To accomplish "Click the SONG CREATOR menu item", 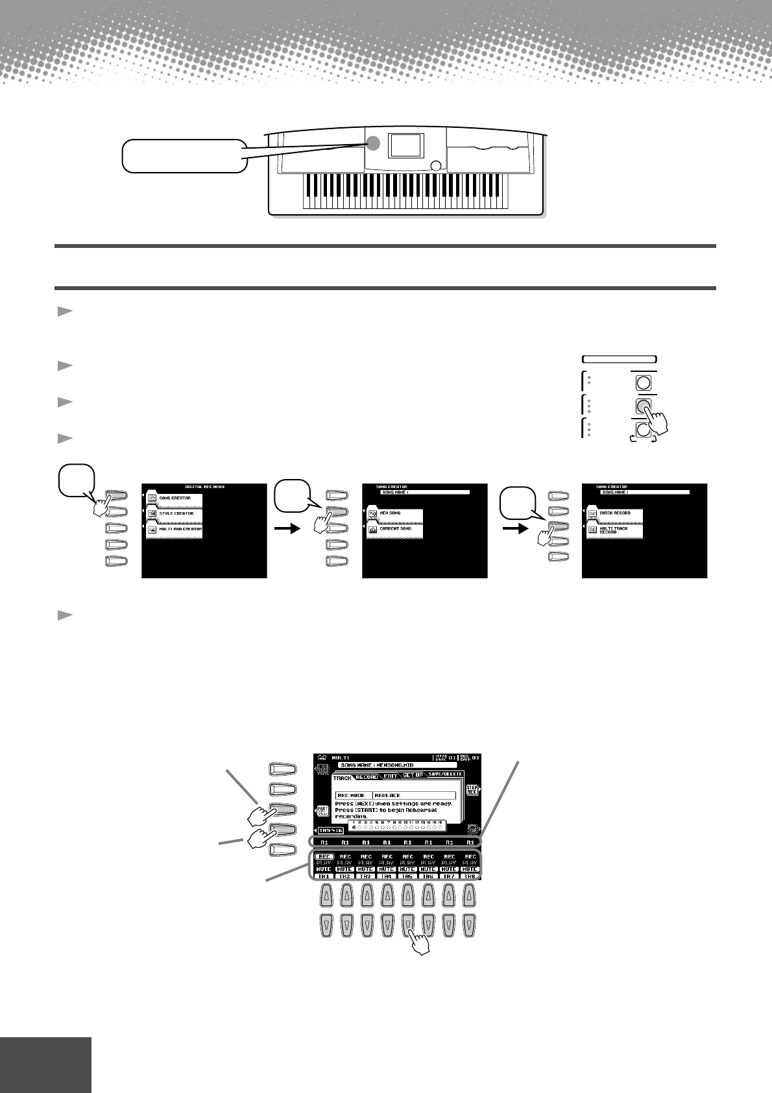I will click(x=174, y=498).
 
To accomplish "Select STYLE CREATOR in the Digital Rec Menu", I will click(x=174, y=513).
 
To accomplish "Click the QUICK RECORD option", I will click(x=615, y=513).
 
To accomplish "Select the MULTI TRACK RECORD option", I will click(x=615, y=529).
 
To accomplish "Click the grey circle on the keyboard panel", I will click(x=374, y=144).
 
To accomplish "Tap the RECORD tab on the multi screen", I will click(x=367, y=777).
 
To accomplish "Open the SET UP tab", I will click(x=413, y=775).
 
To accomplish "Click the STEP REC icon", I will click(x=472, y=789).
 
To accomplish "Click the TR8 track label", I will click(x=470, y=876).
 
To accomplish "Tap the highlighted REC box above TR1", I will click(x=324, y=856).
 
